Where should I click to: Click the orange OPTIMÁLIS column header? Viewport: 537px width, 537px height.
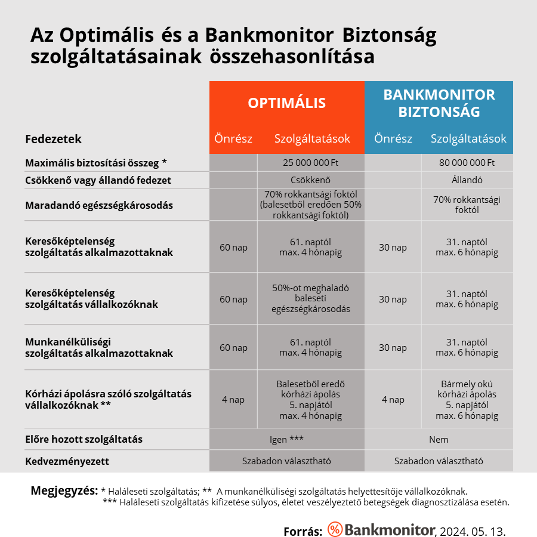(287, 103)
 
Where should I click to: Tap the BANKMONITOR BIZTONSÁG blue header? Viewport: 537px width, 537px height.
(439, 103)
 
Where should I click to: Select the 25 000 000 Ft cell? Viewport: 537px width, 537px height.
(310, 162)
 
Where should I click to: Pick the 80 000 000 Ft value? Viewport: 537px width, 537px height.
(467, 162)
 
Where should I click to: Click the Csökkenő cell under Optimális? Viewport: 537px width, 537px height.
(310, 180)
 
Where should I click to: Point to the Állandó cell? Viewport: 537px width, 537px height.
(467, 180)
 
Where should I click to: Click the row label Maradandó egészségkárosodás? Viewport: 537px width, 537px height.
(99, 205)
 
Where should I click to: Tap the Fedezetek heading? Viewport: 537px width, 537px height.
(54, 139)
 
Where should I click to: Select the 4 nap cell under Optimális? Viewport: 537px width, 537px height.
(233, 400)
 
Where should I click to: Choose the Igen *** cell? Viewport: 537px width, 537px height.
(287, 440)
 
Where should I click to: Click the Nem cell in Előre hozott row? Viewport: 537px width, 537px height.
(439, 440)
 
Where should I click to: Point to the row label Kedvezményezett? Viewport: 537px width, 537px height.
(67, 461)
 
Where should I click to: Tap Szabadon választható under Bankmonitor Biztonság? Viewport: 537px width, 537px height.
(439, 461)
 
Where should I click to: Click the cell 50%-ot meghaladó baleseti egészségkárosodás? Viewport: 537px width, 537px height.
(310, 298)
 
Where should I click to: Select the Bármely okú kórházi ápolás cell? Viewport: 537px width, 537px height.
(467, 400)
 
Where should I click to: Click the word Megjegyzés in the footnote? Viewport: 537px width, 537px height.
(64, 490)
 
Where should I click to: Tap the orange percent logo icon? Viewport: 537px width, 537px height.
(335, 529)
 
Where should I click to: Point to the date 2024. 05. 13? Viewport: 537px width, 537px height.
(475, 530)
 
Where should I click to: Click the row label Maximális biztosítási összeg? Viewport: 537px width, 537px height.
(95, 162)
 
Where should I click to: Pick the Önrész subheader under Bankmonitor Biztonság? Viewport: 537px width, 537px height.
(393, 139)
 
